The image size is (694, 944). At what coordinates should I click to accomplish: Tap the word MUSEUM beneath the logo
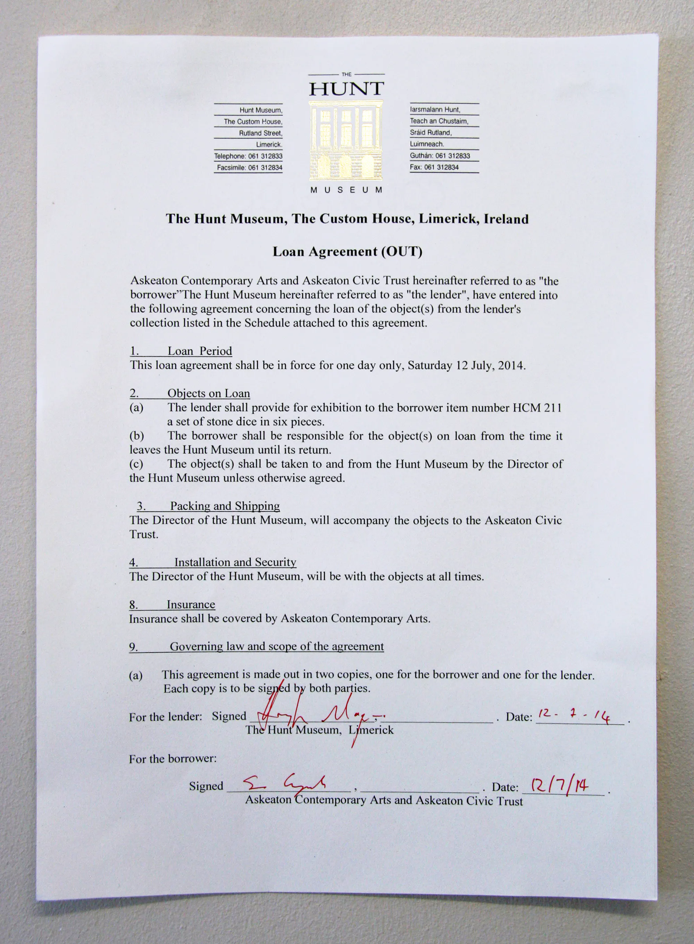tap(346, 190)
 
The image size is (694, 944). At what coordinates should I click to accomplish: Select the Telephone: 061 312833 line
tap(248, 156)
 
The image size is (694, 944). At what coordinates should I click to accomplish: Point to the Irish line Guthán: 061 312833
tap(440, 156)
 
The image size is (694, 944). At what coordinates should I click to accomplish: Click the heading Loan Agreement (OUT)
tap(347, 252)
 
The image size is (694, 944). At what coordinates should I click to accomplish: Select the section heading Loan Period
tap(200, 351)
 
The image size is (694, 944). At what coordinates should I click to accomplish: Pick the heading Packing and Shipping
tap(225, 506)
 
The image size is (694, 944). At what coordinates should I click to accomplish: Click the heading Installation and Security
tap(235, 562)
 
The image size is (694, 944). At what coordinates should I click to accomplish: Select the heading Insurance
tap(191, 604)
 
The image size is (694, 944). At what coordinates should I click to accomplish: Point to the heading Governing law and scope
tap(277, 646)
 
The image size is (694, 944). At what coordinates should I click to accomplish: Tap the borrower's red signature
tap(286, 784)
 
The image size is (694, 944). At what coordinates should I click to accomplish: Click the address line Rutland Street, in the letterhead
tap(261, 133)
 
